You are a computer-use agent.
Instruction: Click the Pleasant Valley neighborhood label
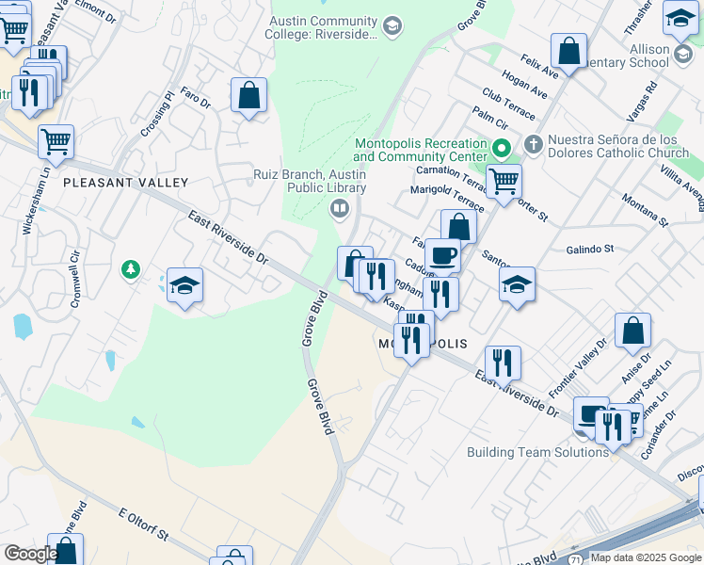[x=125, y=182]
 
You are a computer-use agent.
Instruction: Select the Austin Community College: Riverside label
[x=325, y=27]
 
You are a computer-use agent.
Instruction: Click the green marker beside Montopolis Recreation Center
[x=502, y=149]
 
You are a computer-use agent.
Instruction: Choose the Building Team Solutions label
[x=537, y=452]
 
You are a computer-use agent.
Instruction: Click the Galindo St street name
[x=589, y=249]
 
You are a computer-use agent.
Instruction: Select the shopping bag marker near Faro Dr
[x=248, y=94]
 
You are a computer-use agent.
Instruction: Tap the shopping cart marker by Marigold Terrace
[x=504, y=180]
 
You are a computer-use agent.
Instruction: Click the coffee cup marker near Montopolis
[x=442, y=254]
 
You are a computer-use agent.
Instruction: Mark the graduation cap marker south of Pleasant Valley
[x=185, y=284]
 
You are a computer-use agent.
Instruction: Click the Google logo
[x=31, y=554]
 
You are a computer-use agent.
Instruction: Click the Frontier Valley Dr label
[x=576, y=367]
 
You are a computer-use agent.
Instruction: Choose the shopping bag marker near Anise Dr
[x=633, y=330]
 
